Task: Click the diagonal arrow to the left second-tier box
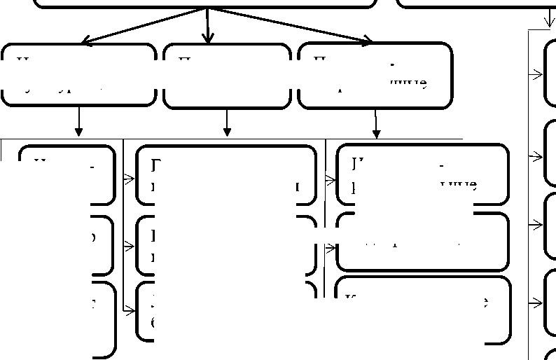(144, 26)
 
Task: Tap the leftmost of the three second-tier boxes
(78, 75)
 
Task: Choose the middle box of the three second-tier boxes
(227, 76)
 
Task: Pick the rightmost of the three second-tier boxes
(375, 76)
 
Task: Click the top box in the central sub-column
(225, 174)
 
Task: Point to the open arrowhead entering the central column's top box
(130, 179)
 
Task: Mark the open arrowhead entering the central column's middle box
(130, 247)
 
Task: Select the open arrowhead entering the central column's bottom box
(130, 310)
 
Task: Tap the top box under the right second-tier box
(423, 174)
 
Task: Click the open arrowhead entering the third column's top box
(331, 180)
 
